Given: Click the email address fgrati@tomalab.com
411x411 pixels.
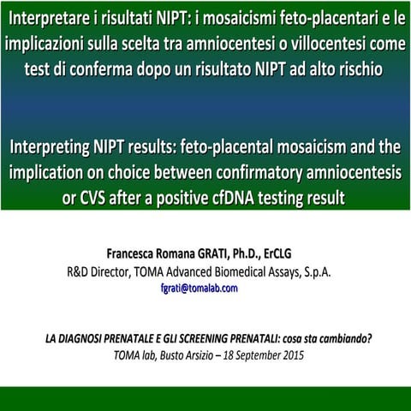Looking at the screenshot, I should [x=199, y=288].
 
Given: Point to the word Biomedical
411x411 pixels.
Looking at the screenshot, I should [x=247, y=271].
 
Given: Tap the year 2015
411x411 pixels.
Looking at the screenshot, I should [x=290, y=354].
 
